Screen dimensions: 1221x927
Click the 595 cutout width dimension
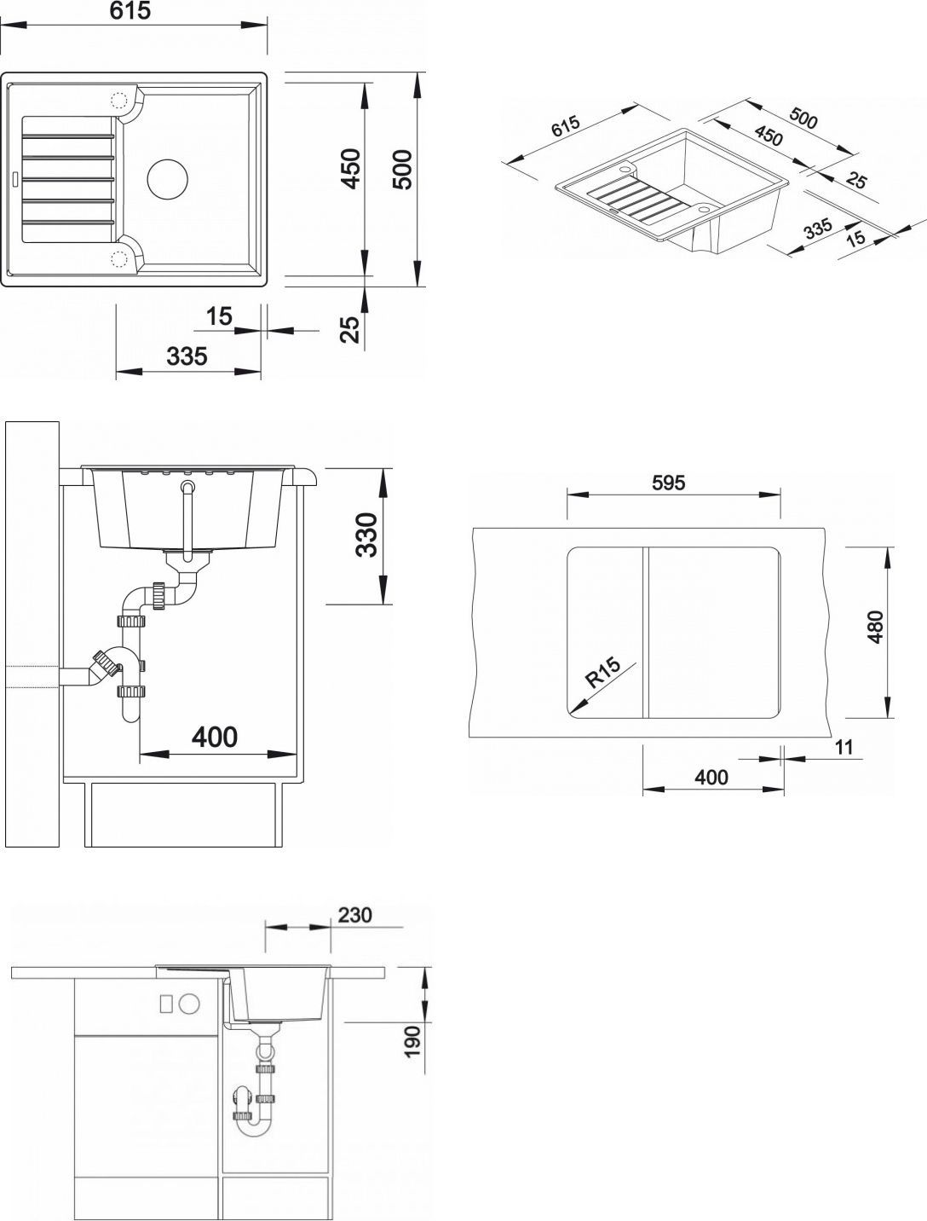click(669, 483)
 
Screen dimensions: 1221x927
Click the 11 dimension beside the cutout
click(844, 748)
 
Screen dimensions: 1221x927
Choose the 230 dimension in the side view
click(355, 915)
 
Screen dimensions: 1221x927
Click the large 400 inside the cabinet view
click(214, 736)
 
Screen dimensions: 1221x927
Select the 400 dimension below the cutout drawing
click(711, 777)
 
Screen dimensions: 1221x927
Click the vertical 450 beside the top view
click(351, 168)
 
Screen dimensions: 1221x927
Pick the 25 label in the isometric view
click(856, 180)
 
